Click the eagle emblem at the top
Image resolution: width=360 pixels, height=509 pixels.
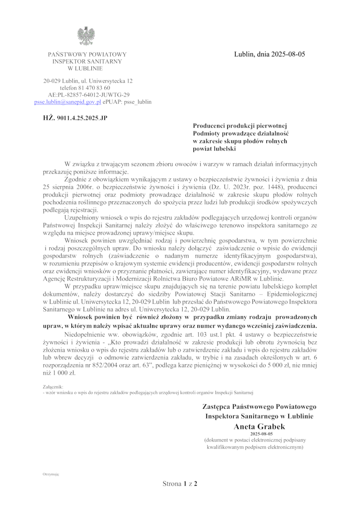coord(86,36)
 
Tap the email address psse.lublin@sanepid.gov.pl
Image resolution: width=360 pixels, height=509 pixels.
coord(67,102)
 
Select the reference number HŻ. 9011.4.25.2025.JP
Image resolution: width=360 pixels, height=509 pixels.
coord(75,118)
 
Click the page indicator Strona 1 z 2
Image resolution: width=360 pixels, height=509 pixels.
coord(180,484)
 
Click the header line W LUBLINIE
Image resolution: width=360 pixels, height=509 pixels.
coord(85,68)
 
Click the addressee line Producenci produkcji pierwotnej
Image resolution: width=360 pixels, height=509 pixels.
coord(243,126)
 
